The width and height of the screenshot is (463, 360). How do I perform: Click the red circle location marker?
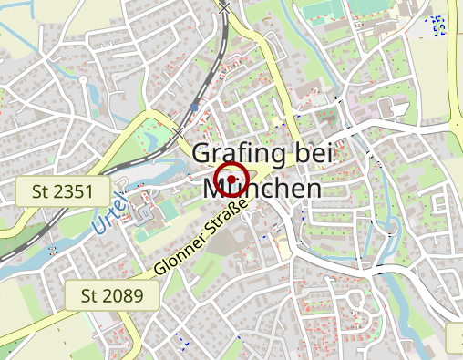[x=233, y=179]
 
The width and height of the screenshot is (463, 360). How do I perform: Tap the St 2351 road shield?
[x=63, y=191]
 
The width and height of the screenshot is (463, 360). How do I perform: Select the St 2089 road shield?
[x=113, y=295]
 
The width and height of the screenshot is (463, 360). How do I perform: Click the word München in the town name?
[x=263, y=189]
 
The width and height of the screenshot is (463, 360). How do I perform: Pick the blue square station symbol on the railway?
[x=194, y=108]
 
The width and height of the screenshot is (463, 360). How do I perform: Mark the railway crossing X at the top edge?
[x=225, y=6]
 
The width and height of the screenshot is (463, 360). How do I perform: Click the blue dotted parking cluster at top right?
[x=438, y=25]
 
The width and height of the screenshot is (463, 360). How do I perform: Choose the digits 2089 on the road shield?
[x=125, y=295]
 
